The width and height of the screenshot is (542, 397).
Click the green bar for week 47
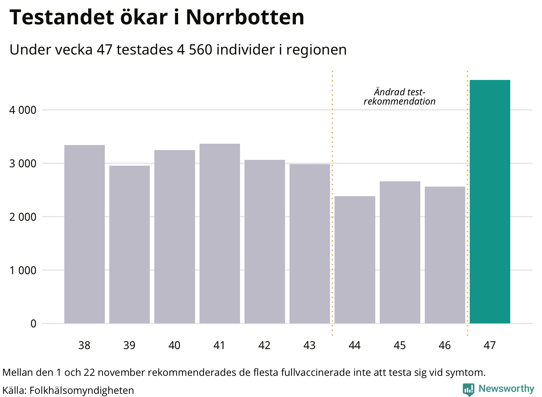[490, 201]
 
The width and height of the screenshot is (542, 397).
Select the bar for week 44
[355, 259]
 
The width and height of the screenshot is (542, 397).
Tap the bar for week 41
[220, 233]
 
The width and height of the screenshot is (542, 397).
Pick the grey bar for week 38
[84, 234]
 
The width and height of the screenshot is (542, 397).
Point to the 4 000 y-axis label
[23, 110]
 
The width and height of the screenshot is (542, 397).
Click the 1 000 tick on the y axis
[23, 270]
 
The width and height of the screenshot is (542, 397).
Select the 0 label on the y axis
[33, 324]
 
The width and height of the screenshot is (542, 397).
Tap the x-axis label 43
[309, 345]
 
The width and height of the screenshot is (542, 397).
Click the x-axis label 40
[174, 345]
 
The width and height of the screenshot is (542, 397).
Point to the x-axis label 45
[400, 345]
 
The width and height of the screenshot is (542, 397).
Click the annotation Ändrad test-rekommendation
[399, 97]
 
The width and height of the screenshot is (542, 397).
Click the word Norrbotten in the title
[245, 17]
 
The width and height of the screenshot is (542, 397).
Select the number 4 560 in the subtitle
[195, 49]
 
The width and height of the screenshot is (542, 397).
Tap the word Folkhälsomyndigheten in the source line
[82, 390]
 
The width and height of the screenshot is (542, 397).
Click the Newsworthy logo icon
[468, 389]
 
